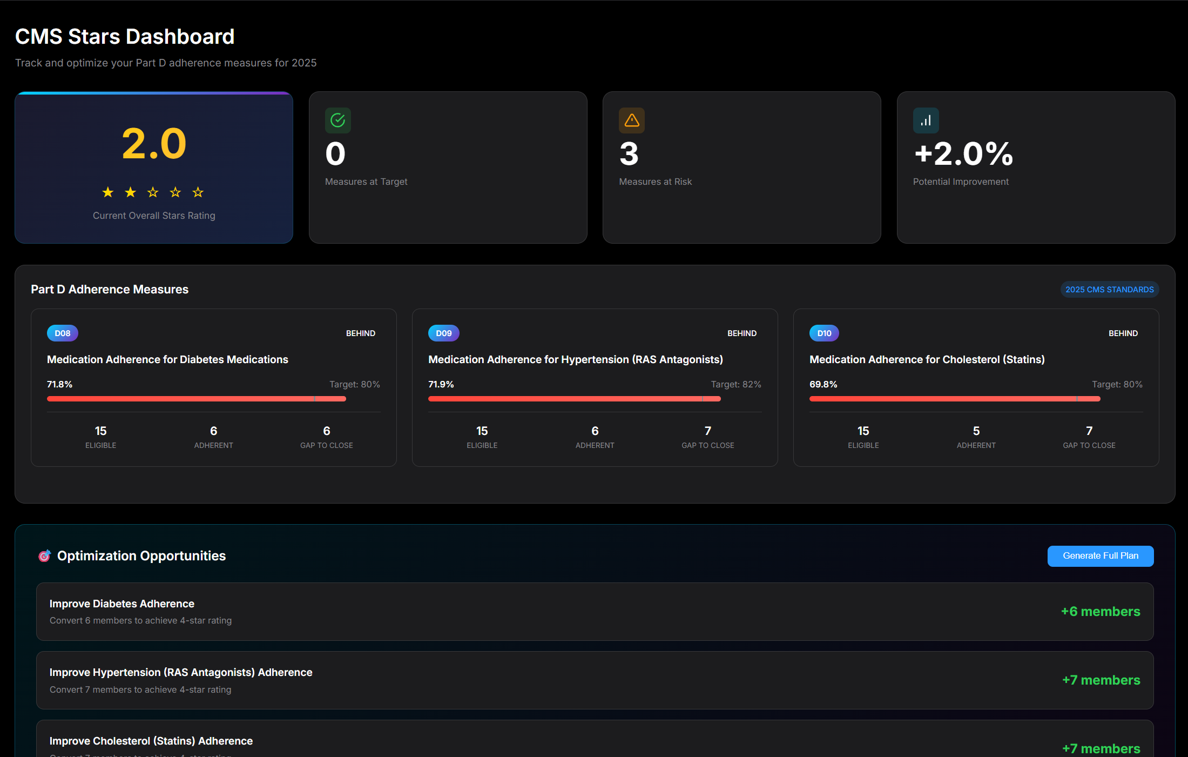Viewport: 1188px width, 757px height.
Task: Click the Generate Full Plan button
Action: pos(1100,556)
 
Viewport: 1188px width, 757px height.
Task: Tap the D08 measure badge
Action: pos(63,333)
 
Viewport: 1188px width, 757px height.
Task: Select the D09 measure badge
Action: pos(443,333)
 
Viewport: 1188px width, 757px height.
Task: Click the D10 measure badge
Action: pos(824,333)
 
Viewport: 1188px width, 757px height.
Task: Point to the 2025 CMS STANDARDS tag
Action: pos(1109,290)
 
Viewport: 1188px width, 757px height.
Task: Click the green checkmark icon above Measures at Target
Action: pos(338,120)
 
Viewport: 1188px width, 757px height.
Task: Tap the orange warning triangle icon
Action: pos(632,120)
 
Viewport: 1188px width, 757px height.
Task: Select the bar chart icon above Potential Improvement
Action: pos(926,120)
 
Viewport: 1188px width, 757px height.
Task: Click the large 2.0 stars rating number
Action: pos(154,144)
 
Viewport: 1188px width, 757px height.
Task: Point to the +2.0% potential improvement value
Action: pos(963,154)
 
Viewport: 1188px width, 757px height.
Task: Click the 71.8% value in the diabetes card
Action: pos(60,384)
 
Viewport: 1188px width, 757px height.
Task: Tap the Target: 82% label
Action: pos(735,384)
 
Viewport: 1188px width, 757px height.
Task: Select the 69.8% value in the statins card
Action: pos(823,384)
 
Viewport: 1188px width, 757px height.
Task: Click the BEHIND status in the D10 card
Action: pos(1123,333)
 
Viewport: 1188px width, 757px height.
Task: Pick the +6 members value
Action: pos(1100,612)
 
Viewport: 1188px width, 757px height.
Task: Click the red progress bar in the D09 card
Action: pos(574,399)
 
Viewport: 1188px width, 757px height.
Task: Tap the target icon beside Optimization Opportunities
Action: pos(44,556)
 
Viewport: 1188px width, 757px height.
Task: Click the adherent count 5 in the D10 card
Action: pos(976,431)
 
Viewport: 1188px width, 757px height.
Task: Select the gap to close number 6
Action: pos(327,431)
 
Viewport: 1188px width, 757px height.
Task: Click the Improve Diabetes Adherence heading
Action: pos(122,604)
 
